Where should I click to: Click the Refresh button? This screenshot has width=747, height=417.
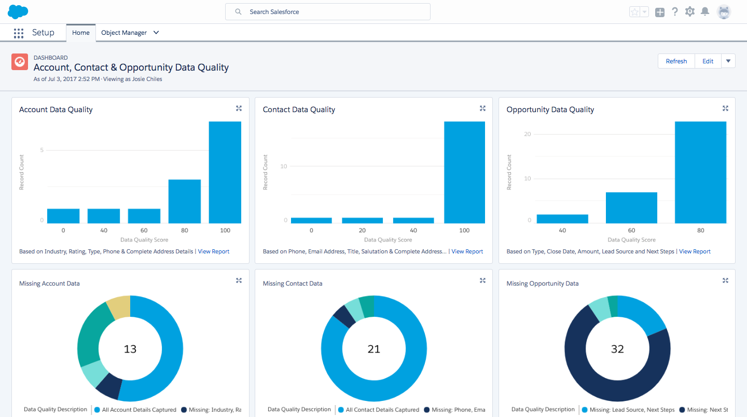tap(676, 61)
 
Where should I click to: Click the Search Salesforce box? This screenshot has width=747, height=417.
tap(327, 12)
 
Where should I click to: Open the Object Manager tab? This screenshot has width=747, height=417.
tap(124, 33)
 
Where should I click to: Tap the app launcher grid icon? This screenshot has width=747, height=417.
tap(19, 33)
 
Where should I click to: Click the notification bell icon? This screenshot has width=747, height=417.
tap(704, 11)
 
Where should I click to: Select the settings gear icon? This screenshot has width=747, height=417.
tap(689, 11)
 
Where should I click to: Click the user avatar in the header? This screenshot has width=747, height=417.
tap(724, 12)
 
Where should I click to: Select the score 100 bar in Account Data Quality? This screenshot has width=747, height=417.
tap(225, 172)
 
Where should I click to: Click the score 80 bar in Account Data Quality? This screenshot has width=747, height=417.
tap(184, 201)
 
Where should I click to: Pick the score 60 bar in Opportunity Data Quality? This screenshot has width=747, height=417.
tap(631, 208)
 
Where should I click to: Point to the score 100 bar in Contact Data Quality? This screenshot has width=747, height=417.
tap(464, 172)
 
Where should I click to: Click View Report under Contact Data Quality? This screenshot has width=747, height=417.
tap(467, 251)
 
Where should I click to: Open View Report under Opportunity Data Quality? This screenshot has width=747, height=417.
tap(695, 251)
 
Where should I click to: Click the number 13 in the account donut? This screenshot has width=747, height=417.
tap(130, 349)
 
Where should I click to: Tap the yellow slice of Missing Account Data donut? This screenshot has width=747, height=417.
tap(119, 306)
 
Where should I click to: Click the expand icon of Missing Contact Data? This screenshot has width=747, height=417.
tap(482, 280)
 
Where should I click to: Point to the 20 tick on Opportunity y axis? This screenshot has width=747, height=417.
tap(528, 134)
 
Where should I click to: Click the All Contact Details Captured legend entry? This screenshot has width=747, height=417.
tap(382, 410)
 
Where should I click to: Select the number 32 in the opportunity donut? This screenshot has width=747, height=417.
tap(617, 349)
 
